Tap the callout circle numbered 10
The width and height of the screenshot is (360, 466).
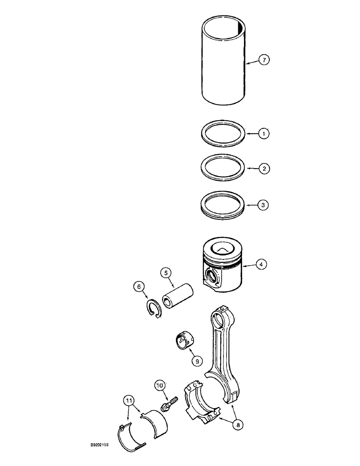(x=160, y=385)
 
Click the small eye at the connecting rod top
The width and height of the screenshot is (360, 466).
(x=219, y=319)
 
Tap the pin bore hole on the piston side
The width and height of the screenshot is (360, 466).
(x=212, y=280)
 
